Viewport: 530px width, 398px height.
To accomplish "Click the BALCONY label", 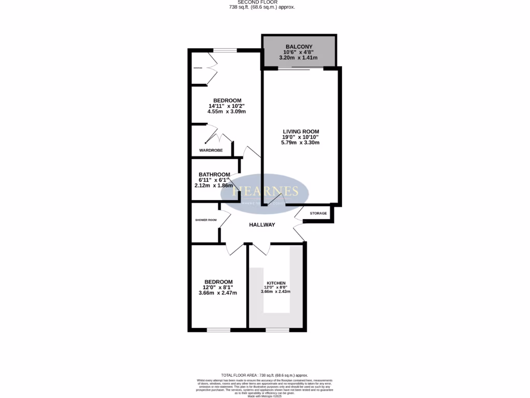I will (x=299, y=47).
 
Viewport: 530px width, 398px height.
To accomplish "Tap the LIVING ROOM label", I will (x=300, y=132).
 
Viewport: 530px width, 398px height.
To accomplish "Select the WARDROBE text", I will (x=211, y=151).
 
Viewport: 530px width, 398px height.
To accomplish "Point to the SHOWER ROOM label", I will (x=205, y=220).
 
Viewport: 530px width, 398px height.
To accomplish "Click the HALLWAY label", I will (x=262, y=224).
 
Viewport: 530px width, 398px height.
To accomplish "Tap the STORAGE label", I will (x=318, y=214).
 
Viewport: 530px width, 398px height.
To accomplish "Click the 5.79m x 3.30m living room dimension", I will (x=300, y=143).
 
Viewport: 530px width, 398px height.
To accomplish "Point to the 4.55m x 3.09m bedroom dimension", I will (x=226, y=111).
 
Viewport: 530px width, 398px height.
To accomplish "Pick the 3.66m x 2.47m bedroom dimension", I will (x=217, y=293).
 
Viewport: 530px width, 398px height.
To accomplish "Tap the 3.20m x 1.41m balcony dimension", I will (x=299, y=59).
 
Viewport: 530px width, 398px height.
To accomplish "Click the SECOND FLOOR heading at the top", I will (x=265, y=2).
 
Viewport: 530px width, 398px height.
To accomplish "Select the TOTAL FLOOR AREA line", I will (x=264, y=375).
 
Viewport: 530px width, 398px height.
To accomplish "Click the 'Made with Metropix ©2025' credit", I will (x=265, y=396).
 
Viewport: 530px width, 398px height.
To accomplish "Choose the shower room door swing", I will (x=225, y=220).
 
